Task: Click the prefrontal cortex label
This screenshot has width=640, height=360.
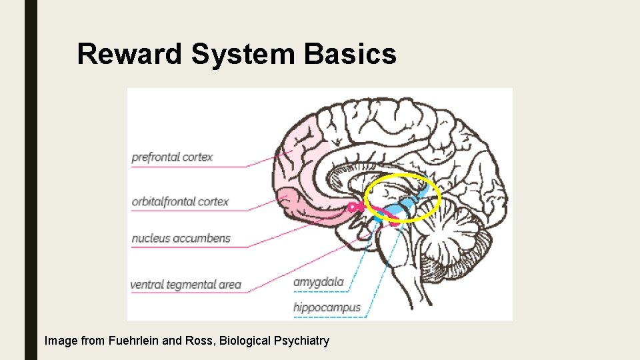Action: click(x=172, y=157)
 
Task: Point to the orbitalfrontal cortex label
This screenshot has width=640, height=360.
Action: click(x=180, y=201)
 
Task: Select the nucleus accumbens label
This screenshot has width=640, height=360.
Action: click(x=181, y=238)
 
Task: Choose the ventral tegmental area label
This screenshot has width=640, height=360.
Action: click(x=185, y=285)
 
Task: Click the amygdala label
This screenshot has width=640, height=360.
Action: click(x=319, y=282)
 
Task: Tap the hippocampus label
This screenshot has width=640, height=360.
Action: click(x=327, y=307)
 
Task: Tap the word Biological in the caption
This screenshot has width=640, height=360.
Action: click(x=246, y=341)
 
